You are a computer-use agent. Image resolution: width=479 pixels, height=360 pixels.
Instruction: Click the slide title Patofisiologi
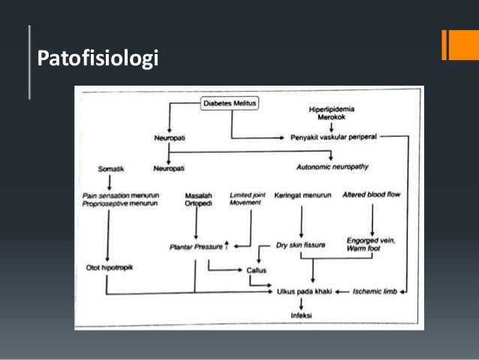(x=98, y=58)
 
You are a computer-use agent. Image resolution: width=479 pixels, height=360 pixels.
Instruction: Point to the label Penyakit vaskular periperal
(x=333, y=138)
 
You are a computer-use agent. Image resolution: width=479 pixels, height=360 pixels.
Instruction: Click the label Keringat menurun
(x=302, y=195)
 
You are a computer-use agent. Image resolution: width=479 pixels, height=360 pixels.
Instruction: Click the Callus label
(x=257, y=271)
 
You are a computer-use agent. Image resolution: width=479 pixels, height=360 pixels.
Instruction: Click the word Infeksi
(x=300, y=316)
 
